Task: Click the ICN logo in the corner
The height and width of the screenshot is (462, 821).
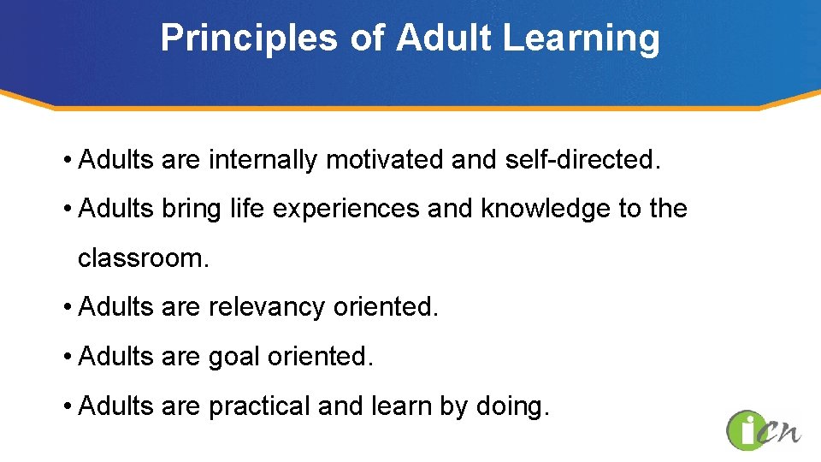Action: click(x=763, y=430)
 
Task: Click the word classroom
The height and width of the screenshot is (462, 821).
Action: click(x=142, y=258)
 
